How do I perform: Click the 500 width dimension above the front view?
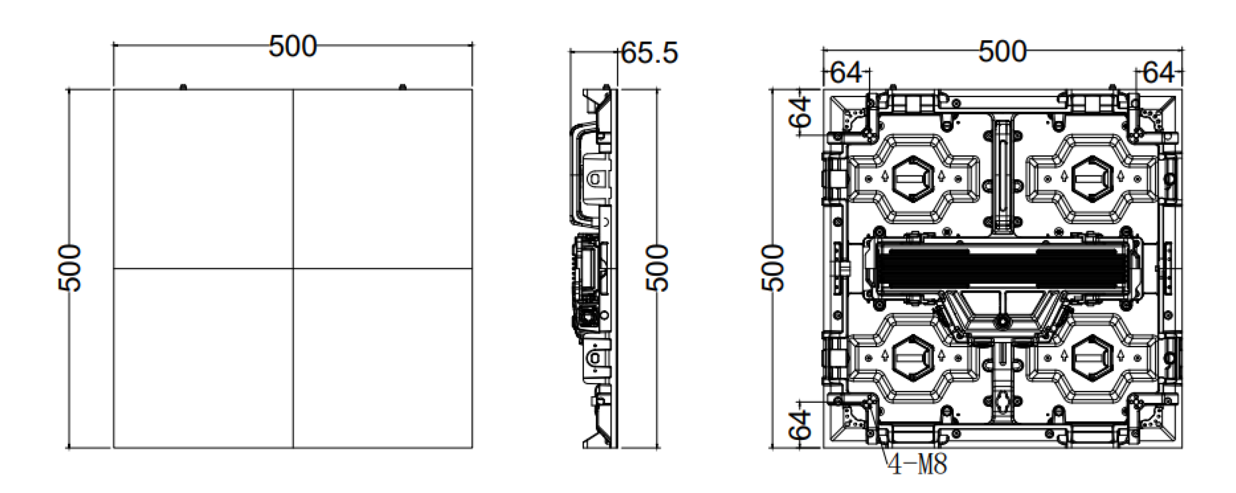point(292,47)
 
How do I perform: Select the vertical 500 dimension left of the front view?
point(69,268)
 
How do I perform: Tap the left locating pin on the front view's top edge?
point(183,87)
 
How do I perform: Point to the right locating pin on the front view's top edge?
point(402,87)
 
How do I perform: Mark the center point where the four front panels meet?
point(293,269)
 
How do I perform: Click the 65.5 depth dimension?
point(649,53)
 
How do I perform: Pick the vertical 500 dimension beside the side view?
point(657,268)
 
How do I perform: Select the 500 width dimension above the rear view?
point(1002,52)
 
